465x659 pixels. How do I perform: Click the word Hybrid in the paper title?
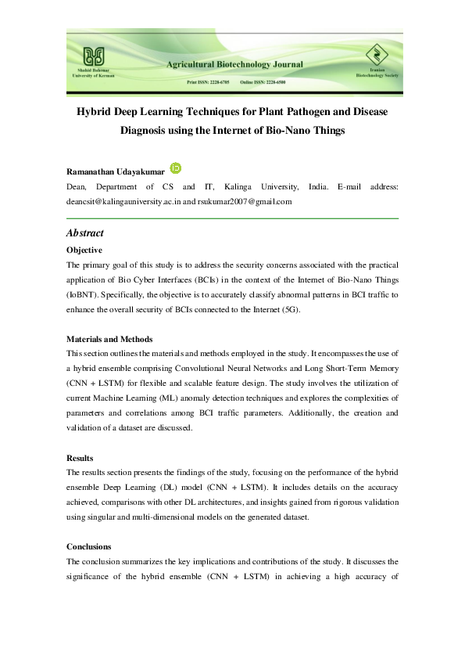coord(93,112)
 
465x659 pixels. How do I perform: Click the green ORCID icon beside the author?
coord(177,167)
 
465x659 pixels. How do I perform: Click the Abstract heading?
coord(85,233)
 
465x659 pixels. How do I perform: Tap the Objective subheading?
coord(84,250)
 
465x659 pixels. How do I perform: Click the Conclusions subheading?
coord(89,546)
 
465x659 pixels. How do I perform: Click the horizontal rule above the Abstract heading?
coord(233,218)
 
